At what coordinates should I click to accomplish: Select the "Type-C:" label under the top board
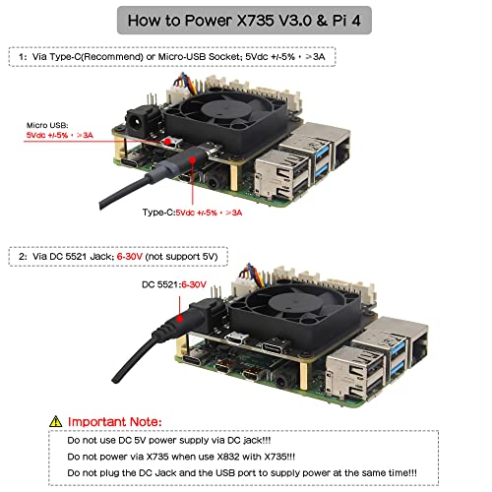(158, 212)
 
